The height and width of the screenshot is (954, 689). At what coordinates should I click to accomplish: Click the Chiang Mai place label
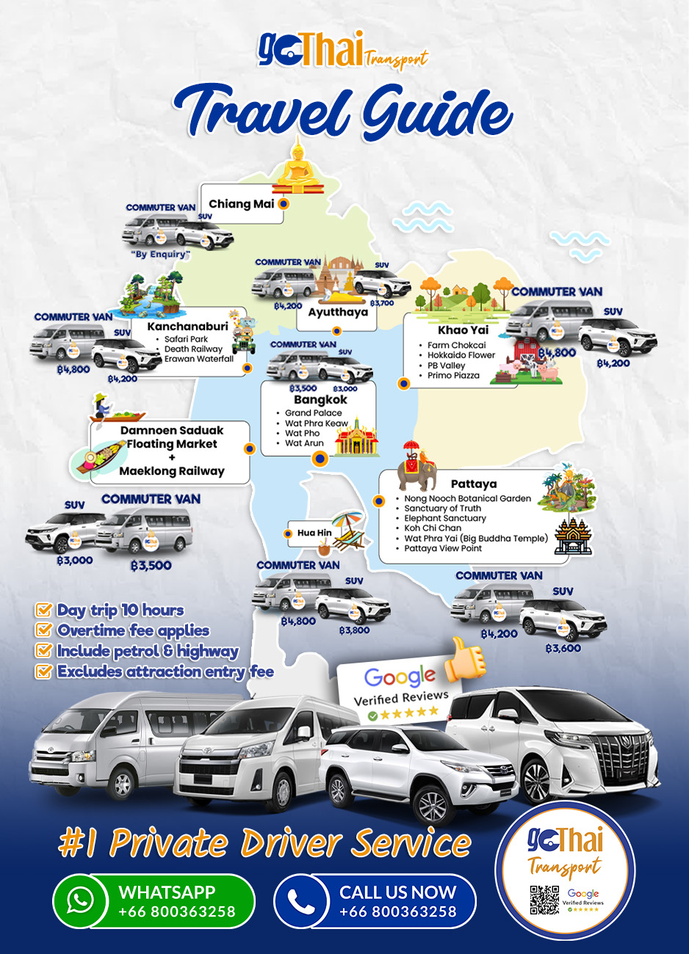[x=241, y=204]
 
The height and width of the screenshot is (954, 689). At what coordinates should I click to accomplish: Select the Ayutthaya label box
[x=337, y=313]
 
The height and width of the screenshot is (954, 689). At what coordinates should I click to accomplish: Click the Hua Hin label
[x=314, y=533]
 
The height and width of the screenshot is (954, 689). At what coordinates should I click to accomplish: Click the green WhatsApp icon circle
[x=80, y=900]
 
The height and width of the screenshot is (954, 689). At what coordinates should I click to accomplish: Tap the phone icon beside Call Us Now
[x=301, y=900]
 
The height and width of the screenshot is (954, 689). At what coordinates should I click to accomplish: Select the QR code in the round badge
[x=544, y=900]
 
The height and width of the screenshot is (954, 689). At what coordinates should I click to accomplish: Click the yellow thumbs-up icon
[x=464, y=657]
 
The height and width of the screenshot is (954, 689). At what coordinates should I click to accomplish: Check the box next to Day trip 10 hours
[x=44, y=610]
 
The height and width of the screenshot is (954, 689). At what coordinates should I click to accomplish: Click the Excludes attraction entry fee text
[x=165, y=671]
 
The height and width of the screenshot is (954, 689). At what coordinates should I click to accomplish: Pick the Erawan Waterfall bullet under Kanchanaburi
[x=198, y=359]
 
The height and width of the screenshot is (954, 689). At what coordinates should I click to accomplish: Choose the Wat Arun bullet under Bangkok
[x=304, y=443]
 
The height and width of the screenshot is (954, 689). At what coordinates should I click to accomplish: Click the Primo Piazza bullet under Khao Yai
[x=453, y=375]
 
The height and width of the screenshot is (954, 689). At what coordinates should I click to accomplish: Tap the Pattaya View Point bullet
[x=443, y=548]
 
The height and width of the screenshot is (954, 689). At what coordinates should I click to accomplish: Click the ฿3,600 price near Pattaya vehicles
[x=563, y=649]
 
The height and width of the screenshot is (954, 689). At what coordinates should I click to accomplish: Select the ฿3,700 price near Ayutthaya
[x=382, y=303]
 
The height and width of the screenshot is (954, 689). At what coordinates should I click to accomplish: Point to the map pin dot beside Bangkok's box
[x=320, y=459]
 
